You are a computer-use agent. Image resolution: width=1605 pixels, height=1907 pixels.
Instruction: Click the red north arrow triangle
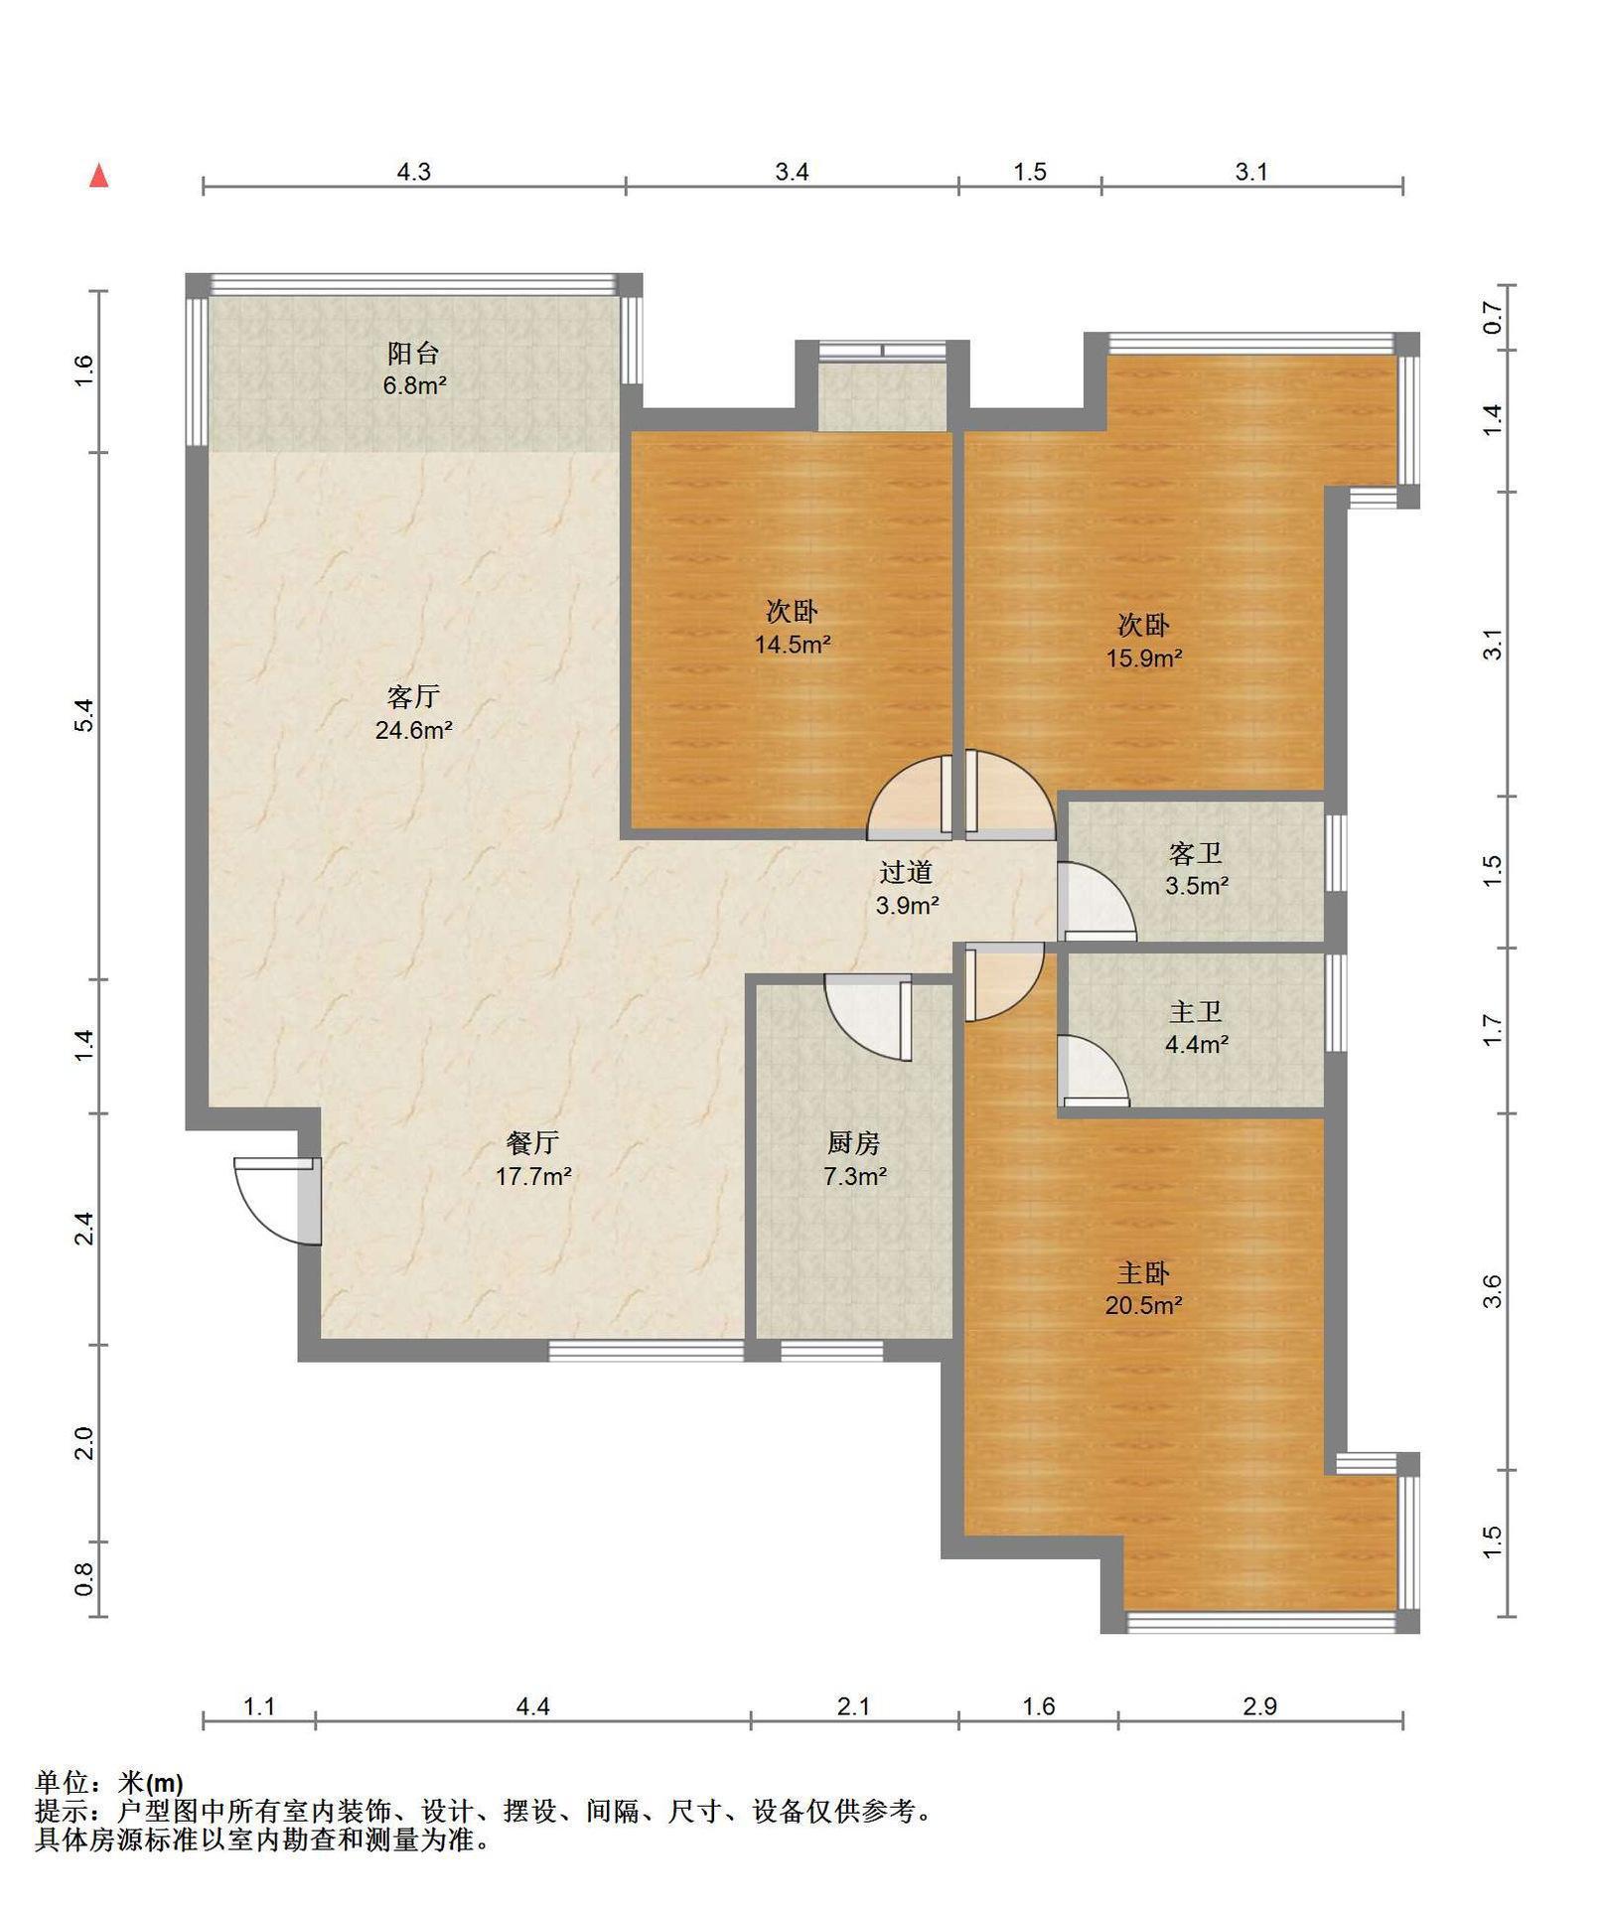(x=98, y=176)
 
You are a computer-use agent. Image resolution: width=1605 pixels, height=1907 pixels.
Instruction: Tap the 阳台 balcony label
(x=413, y=353)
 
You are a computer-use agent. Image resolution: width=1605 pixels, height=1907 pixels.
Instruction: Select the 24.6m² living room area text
(x=414, y=731)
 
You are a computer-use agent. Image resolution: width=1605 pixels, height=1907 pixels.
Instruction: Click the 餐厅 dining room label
(x=533, y=1143)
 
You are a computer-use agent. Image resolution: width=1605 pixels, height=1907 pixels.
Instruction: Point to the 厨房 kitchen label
(x=854, y=1143)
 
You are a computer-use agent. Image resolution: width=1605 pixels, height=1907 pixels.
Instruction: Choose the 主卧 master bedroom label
(x=1143, y=1272)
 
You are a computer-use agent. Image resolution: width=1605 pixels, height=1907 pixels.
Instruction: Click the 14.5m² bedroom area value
(x=793, y=645)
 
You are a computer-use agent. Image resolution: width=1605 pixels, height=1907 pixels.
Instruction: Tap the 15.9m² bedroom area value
(x=1144, y=658)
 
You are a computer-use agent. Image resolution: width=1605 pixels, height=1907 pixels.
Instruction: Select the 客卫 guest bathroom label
(x=1196, y=853)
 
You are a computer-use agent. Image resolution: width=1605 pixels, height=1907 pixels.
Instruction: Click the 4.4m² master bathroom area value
(x=1197, y=1044)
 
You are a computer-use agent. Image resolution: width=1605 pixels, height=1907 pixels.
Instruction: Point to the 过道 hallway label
(x=907, y=872)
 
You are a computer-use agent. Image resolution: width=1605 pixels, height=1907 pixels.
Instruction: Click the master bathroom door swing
(x=1094, y=1070)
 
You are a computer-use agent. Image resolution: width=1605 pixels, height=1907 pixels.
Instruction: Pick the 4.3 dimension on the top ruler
(x=414, y=172)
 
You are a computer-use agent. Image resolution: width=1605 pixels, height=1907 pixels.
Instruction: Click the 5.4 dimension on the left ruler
(x=84, y=716)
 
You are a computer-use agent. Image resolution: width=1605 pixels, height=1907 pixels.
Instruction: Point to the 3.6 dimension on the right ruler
(x=1492, y=1291)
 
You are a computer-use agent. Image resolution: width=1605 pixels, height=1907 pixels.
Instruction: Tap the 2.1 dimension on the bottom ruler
(x=853, y=1706)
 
